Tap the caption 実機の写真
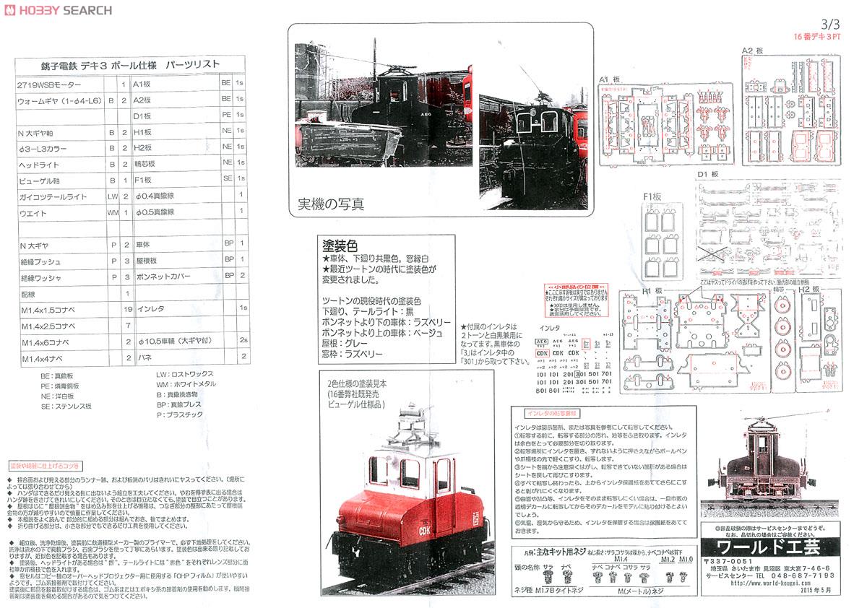pos(331,204)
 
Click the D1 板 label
pos(709,174)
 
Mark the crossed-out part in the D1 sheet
pos(711,253)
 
